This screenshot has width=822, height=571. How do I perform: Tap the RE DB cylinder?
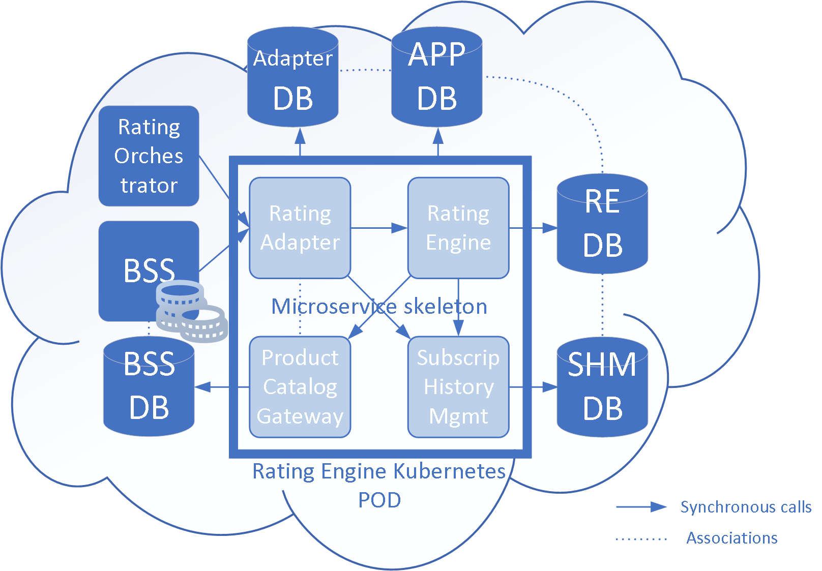point(602,224)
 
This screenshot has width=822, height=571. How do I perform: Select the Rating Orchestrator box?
point(149,156)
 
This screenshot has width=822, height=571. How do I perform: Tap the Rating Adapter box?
point(300,228)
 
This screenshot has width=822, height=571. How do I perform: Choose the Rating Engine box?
point(458,228)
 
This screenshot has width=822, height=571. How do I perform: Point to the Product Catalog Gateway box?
point(300,386)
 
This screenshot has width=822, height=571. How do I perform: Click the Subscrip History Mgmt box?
point(458,386)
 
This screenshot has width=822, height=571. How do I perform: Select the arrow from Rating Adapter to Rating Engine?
point(379,228)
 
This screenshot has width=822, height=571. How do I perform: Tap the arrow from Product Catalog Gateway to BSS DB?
point(222,387)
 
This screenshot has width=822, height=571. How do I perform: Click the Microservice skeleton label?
point(379,307)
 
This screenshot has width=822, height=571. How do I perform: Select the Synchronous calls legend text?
point(745,507)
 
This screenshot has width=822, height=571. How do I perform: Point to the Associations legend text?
point(731,538)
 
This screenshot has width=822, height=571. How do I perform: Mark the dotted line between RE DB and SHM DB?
point(602,305)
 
